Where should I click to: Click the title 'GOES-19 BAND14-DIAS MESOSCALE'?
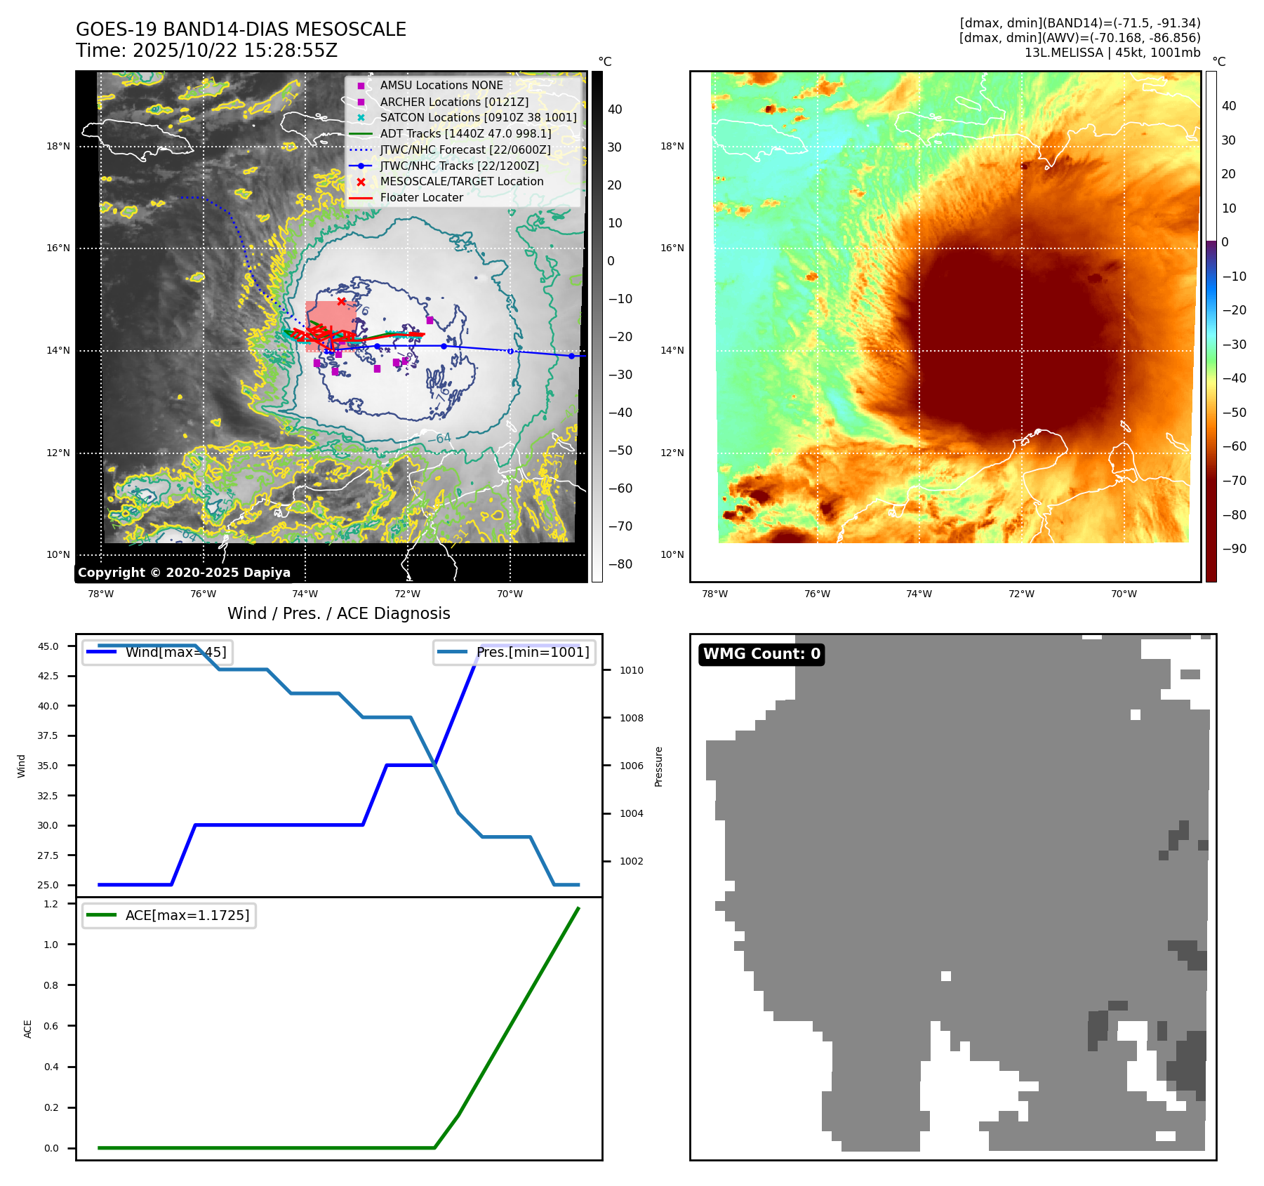[241, 29]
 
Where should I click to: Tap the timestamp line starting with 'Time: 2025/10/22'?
[206, 51]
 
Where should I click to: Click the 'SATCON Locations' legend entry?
[478, 117]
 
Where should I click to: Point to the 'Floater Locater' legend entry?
[421, 197]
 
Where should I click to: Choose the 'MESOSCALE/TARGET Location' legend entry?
[461, 181]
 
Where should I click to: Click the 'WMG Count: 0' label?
[761, 654]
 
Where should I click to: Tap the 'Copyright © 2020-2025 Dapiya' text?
[184, 573]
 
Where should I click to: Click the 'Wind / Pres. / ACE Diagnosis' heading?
[338, 613]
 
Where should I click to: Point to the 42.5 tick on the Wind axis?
[48, 676]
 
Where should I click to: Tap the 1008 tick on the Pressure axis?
[631, 718]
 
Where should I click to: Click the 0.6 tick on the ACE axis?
[51, 1026]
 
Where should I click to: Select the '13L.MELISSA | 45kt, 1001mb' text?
[1112, 53]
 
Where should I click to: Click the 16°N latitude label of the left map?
[58, 248]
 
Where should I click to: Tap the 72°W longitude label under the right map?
[1021, 594]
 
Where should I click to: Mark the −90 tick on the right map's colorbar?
[1234, 549]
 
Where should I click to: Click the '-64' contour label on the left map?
[439, 439]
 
